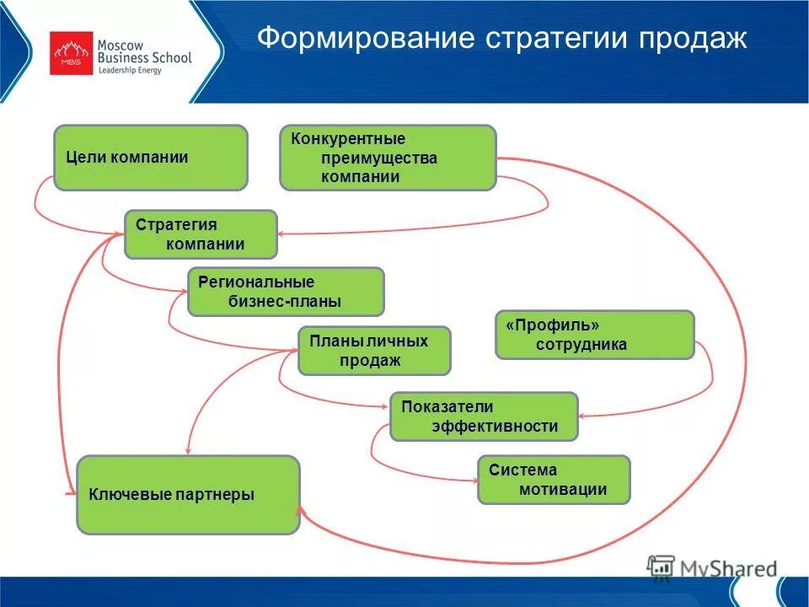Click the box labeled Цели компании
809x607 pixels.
click(151, 158)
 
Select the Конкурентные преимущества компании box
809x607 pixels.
click(388, 158)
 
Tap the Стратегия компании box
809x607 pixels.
click(201, 234)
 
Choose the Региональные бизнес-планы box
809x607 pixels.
click(285, 292)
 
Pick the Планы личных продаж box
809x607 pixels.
click(374, 351)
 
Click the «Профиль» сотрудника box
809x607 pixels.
click(594, 335)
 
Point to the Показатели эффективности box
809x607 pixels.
click(484, 416)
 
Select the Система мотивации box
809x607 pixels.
click(553, 480)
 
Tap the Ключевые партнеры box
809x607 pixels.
click(188, 495)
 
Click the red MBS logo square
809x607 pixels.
click(71, 54)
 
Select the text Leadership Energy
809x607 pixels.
click(130, 71)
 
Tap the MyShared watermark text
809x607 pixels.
click(730, 569)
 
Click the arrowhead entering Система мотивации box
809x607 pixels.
click(473, 481)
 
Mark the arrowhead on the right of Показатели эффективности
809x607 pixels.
click(584, 415)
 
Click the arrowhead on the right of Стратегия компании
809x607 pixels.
click(281, 234)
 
